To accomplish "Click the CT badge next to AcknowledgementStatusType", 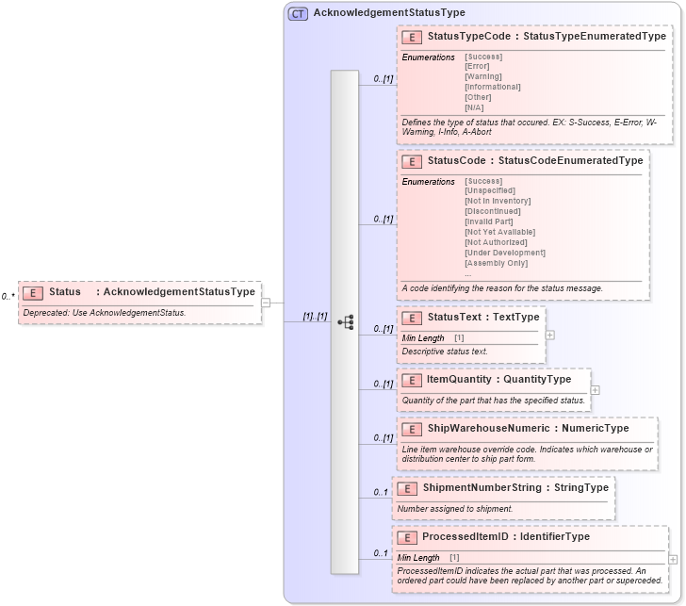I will click(298, 13).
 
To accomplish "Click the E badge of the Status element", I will click(32, 292).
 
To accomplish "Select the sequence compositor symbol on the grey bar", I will click(345, 321).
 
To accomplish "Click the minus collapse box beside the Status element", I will click(266, 303).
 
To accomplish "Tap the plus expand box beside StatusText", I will click(550, 335).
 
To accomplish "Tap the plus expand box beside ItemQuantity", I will click(596, 389).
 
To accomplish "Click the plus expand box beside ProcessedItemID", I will click(673, 559).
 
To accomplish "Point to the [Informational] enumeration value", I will click(492, 87).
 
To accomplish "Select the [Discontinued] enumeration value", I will click(493, 211).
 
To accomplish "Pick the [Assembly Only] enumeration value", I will click(496, 263).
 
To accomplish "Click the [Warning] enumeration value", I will click(483, 76).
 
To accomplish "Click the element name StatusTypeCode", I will click(468, 37).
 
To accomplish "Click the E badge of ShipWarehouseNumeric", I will click(411, 429).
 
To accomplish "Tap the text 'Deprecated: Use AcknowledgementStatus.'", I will click(105, 313).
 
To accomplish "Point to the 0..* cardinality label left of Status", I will click(8, 297).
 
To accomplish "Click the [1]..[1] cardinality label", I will click(314, 316).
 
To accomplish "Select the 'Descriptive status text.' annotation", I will click(445, 352).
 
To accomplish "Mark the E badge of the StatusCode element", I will click(411, 161).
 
